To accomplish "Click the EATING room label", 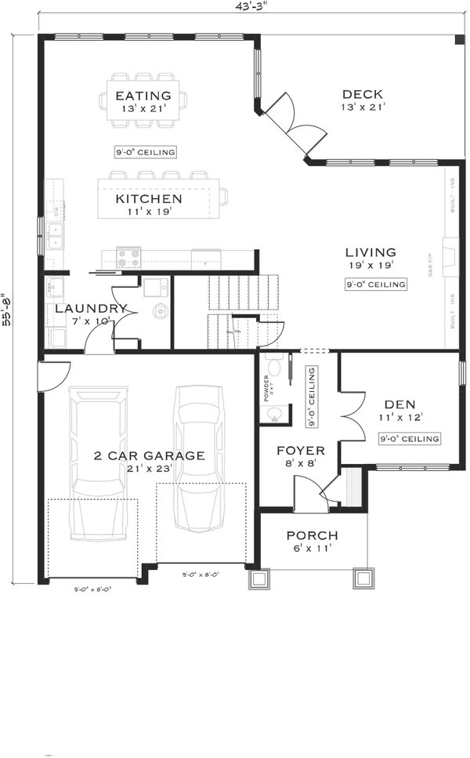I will click(144, 96).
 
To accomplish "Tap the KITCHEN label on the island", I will click(149, 199).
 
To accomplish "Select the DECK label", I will click(362, 94).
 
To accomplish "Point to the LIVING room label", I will click(371, 252).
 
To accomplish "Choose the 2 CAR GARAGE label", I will click(149, 455).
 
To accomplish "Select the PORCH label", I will click(312, 535).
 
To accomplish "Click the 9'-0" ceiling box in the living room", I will click(376, 285).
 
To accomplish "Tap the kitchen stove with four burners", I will click(128, 257).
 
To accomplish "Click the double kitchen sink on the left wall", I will click(54, 235).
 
